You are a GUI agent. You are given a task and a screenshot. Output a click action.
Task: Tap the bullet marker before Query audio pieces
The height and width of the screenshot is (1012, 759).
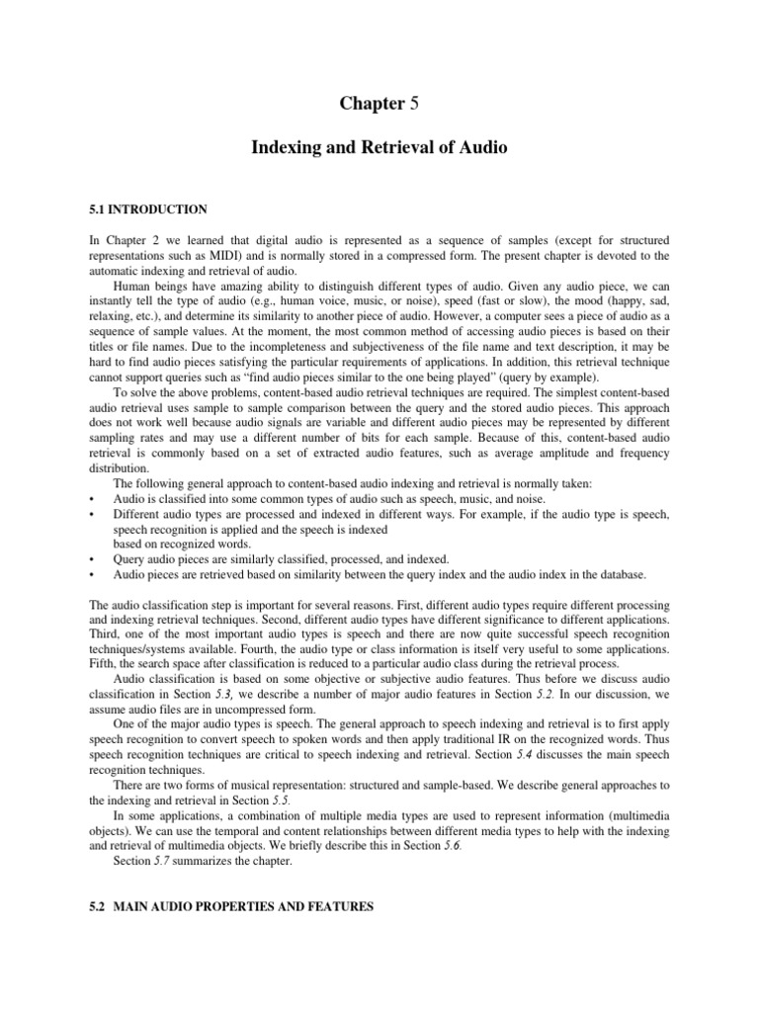tap(91, 559)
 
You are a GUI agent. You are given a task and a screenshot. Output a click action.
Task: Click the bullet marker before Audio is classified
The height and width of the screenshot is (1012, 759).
tap(91, 499)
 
